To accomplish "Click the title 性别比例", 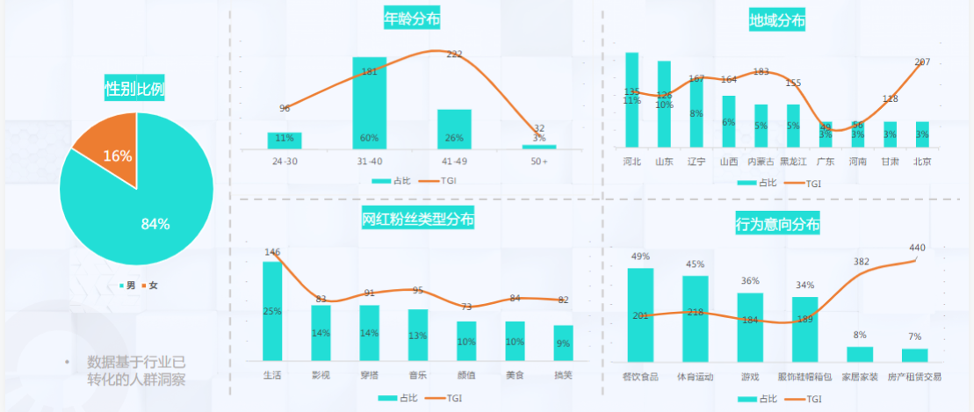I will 135,89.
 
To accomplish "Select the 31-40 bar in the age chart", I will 369,103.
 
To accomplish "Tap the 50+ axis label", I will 538,162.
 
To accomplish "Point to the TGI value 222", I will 454,54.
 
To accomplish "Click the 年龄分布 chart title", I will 412,18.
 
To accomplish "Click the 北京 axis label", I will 922,162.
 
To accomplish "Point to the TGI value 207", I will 922,62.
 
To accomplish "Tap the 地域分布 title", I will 776,20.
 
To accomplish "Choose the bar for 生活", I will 272,311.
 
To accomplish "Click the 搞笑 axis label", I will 563,375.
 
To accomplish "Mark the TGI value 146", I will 272,252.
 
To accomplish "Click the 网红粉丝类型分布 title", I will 419,219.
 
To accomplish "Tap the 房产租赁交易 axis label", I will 914,376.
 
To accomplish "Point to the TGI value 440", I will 917,248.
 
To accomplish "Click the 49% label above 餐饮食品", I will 640,257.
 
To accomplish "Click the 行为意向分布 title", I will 777,225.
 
